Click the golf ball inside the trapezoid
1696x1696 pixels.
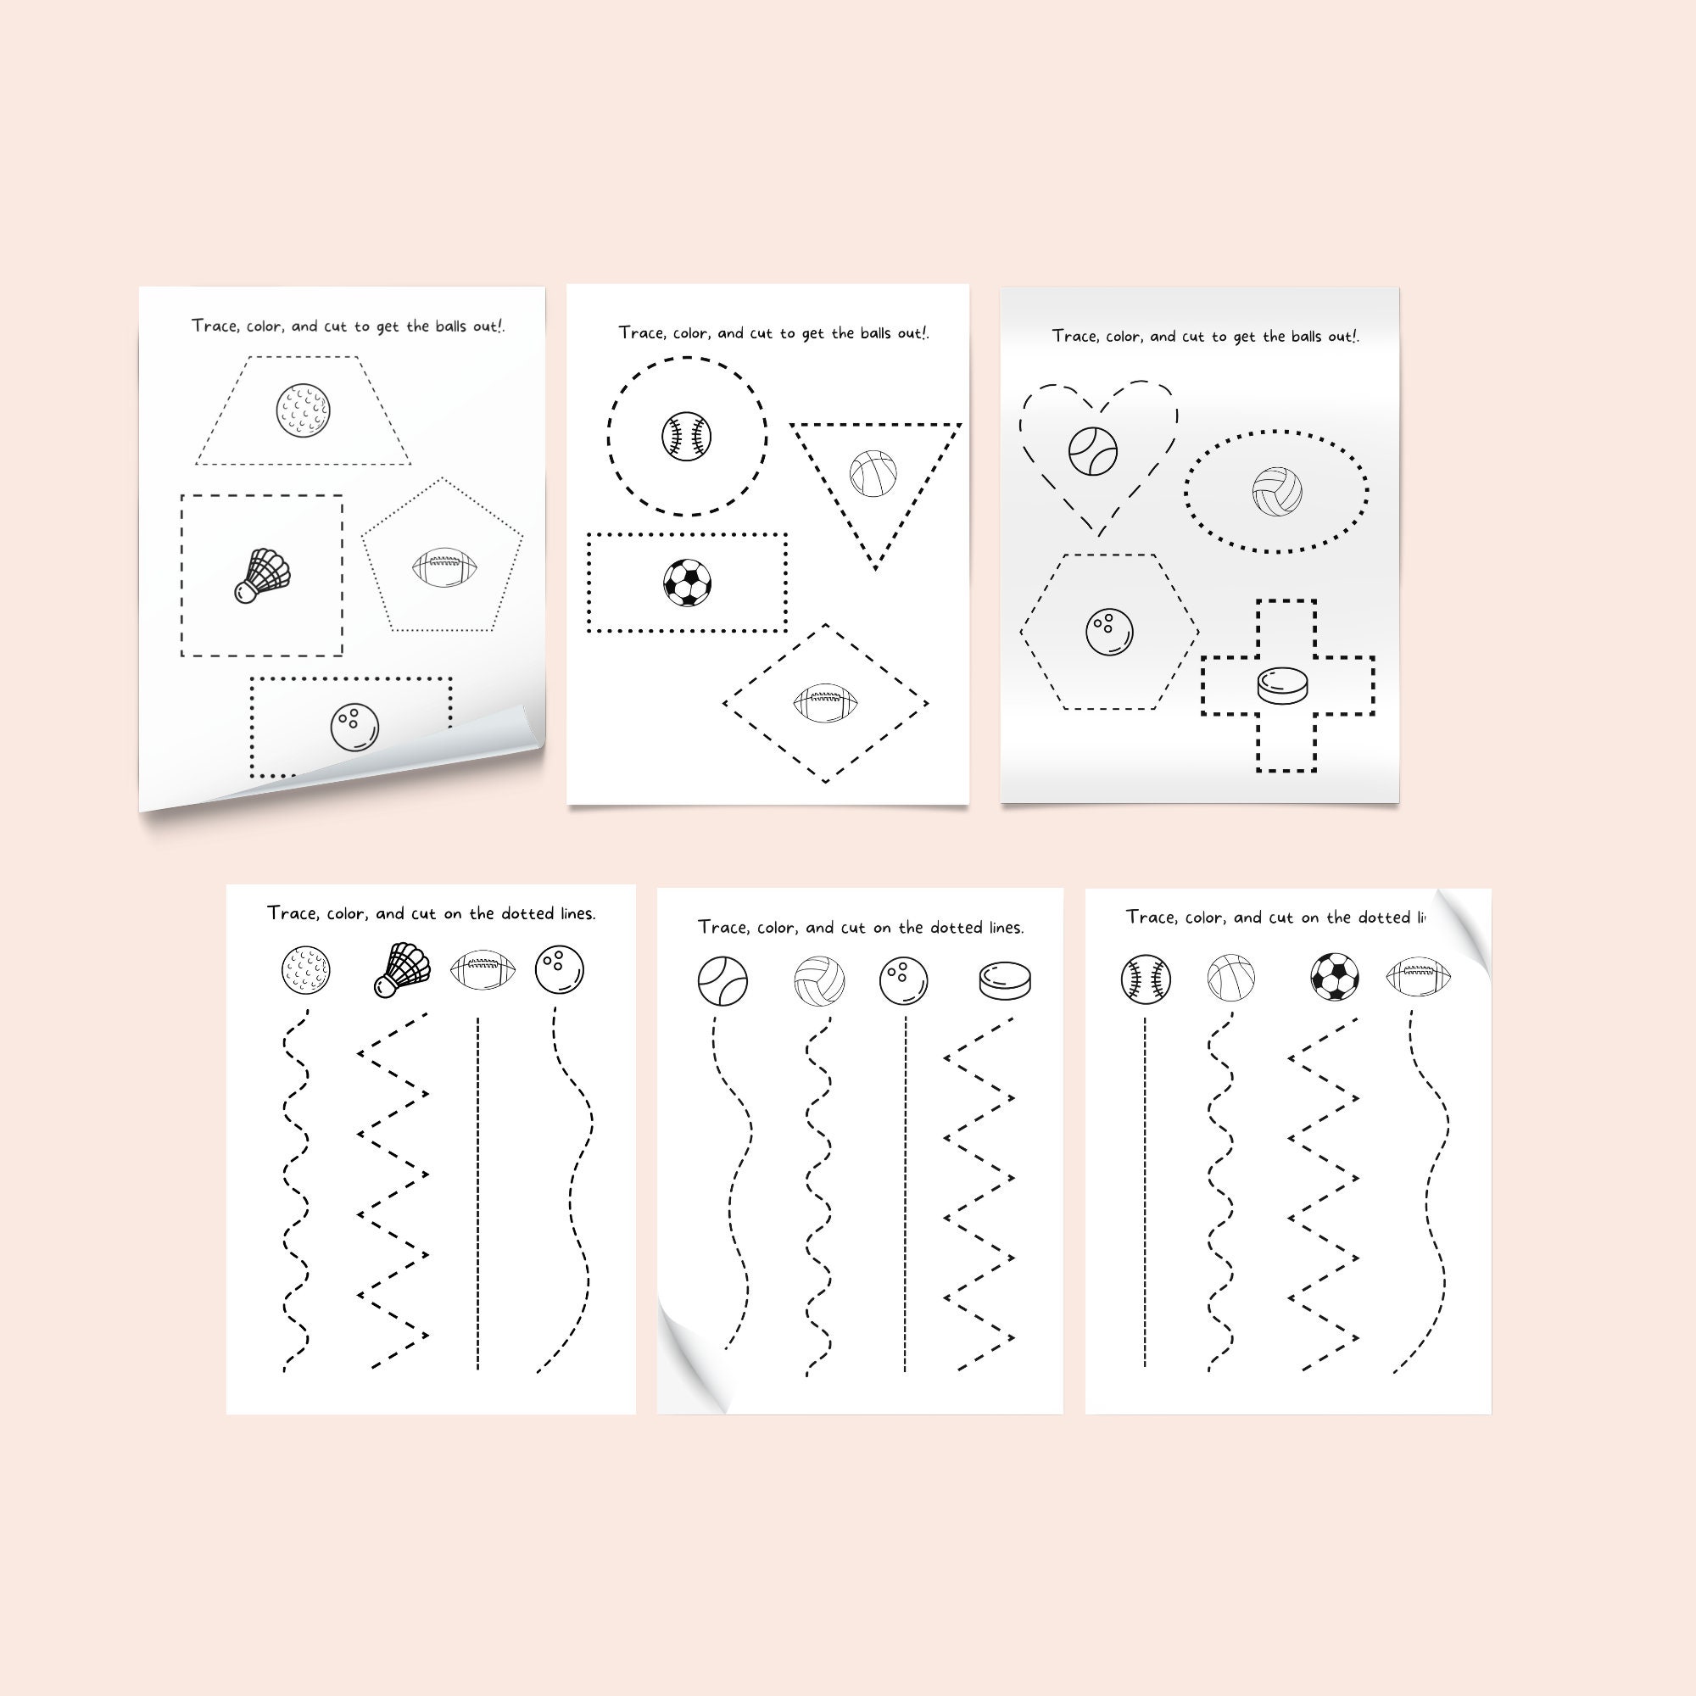[x=303, y=410]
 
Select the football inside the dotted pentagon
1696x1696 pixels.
[x=446, y=567]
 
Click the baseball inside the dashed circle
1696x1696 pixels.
[x=685, y=435]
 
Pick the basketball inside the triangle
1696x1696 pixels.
[x=873, y=473]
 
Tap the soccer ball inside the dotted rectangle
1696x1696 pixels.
[x=687, y=583]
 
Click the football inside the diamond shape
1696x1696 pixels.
[x=825, y=703]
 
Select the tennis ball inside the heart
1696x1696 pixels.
[x=1093, y=451]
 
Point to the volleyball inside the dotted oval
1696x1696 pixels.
[x=1276, y=491]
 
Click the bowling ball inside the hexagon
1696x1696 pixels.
[x=1109, y=631]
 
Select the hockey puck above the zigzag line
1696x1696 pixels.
[x=1005, y=980]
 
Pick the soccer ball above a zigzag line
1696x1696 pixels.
[x=1334, y=977]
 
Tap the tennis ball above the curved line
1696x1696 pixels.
[x=722, y=980]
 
